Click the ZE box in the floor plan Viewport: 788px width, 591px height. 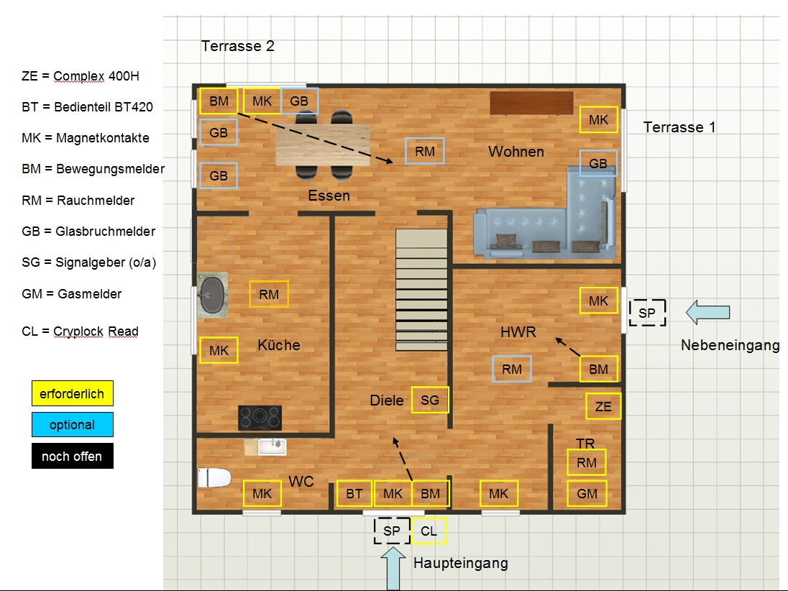point(603,406)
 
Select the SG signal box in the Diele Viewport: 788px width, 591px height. point(430,400)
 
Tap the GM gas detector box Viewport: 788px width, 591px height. point(587,493)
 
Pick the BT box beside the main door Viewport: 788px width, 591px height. point(354,493)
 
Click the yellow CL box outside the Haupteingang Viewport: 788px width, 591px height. point(429,531)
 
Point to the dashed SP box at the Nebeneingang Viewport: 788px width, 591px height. point(647,313)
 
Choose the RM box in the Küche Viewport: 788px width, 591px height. point(269,294)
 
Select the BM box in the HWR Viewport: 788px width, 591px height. point(598,370)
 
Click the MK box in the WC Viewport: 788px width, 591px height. point(262,493)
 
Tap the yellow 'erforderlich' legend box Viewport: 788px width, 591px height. point(73,393)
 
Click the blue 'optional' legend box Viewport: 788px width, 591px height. point(73,425)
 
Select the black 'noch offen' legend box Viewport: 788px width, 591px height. point(73,456)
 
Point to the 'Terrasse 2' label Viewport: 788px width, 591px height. point(238,46)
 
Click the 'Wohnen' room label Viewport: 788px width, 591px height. point(516,152)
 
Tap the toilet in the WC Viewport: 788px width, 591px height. point(214,477)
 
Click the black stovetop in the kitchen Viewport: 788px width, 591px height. point(260,418)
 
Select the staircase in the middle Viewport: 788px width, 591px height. point(421,290)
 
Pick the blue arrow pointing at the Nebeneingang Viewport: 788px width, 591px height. point(707,312)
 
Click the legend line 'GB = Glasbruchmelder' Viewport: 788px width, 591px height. point(88,232)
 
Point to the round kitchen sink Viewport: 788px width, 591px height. point(212,295)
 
